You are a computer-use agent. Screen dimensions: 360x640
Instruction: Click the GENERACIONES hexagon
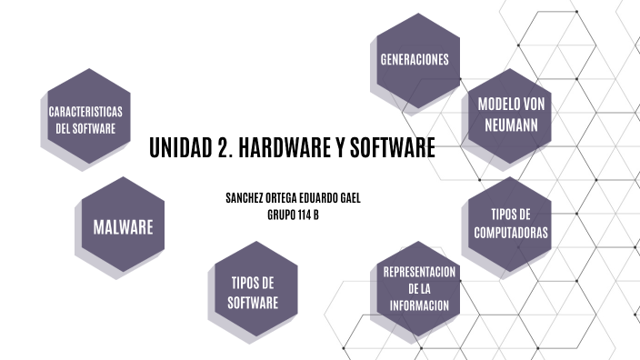(x=415, y=59)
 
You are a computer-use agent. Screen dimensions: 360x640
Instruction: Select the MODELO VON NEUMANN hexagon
(x=510, y=114)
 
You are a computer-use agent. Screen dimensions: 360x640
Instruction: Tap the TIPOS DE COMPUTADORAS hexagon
(x=510, y=223)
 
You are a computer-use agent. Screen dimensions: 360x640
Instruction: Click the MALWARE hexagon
(x=123, y=226)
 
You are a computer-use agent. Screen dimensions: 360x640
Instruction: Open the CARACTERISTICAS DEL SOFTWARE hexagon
(x=86, y=119)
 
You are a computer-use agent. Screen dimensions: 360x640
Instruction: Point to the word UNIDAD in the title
(x=180, y=147)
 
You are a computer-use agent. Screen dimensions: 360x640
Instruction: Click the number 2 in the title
(x=222, y=147)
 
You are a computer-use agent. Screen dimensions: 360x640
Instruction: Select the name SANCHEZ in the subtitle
(x=245, y=198)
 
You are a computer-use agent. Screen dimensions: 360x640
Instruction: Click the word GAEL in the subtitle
(x=347, y=198)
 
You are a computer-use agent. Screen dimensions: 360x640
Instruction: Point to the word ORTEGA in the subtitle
(x=282, y=198)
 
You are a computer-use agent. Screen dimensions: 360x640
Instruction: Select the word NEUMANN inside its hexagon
(x=510, y=124)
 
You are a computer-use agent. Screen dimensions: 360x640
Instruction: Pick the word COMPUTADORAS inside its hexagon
(x=510, y=233)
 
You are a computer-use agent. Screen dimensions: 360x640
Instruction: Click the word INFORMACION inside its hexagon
(x=419, y=305)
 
